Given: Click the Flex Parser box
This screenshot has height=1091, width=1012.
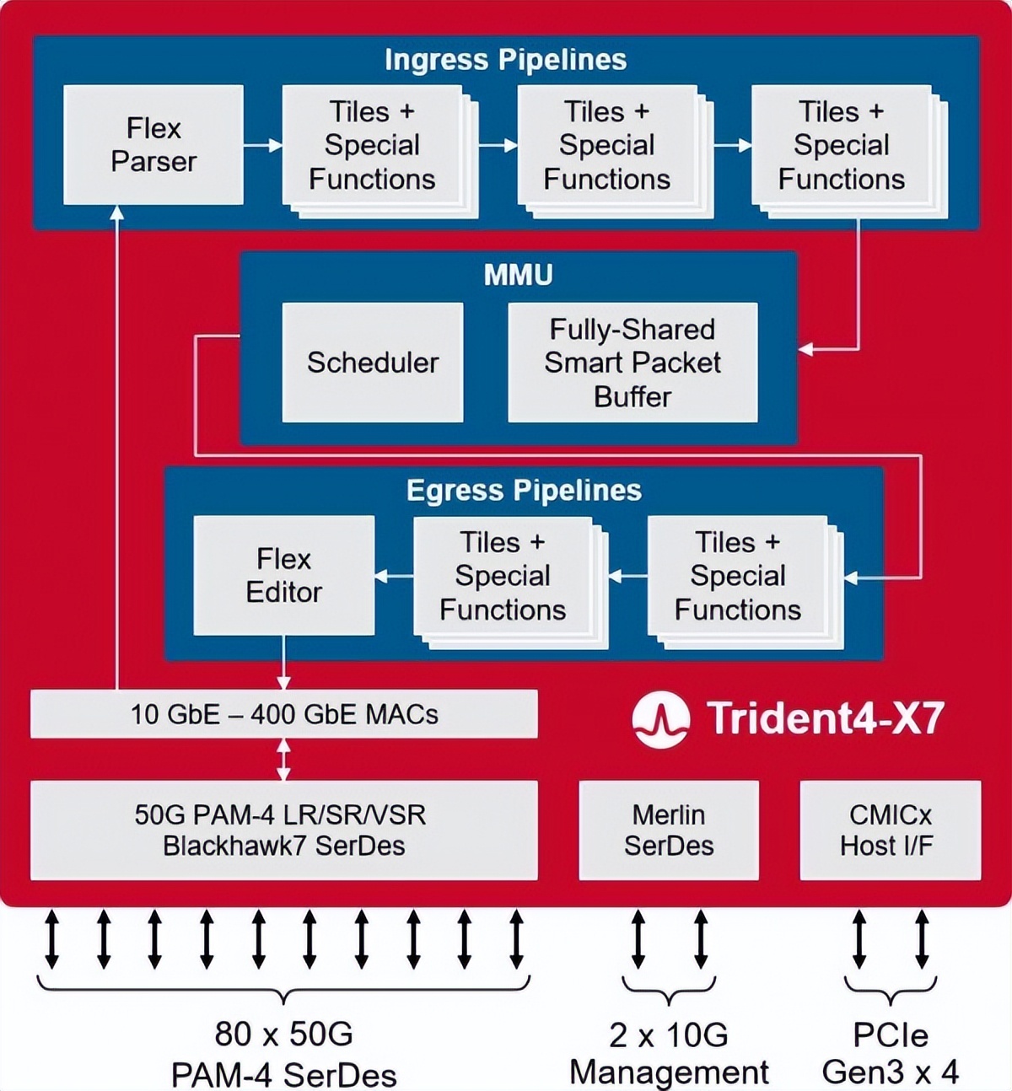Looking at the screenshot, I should pos(153,145).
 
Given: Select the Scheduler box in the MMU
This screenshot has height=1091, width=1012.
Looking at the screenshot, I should pos(372,363).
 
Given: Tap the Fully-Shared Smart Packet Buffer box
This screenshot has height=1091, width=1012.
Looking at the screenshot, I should pos(632,363).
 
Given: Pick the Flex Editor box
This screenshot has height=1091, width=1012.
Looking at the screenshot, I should pos(283,575).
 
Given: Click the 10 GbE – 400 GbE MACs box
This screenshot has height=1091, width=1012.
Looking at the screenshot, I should pos(283,714).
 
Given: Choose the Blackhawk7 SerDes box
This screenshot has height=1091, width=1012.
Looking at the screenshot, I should pos(283,830).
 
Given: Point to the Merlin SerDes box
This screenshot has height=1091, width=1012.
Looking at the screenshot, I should pos(669,830).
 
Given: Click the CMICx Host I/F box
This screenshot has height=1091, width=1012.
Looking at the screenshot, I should pos(890,830).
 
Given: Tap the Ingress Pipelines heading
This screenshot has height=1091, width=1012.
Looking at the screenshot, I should pos(505,60).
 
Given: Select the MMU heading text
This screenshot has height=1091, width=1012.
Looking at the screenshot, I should pos(518,275).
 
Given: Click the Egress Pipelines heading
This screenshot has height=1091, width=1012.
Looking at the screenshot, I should pos(524,491).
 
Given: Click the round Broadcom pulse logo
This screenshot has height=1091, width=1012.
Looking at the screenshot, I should pos(660,719).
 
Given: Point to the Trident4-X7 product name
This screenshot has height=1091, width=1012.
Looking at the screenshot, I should pos(825,718).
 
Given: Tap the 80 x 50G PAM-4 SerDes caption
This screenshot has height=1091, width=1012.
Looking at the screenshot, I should pos(283,1054).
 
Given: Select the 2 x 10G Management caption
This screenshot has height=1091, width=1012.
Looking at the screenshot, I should pos(669,1054).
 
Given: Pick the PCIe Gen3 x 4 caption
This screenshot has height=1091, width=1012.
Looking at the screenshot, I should pos(890,1054).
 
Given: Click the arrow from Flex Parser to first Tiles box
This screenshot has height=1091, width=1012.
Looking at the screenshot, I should pos(263,146).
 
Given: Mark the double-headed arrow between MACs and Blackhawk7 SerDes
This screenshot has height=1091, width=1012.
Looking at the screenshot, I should pos(283,759).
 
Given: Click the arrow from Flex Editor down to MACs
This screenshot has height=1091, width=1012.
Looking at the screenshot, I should pos(283,663).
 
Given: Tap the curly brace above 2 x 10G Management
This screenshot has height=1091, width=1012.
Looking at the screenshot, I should pos(669,989).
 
